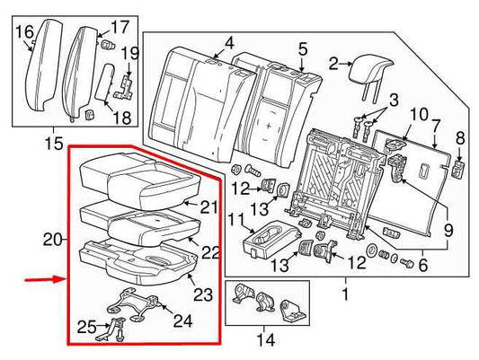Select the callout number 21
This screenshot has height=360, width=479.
point(208,207)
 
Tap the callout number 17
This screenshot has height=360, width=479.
point(120,26)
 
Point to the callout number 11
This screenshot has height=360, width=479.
point(234,220)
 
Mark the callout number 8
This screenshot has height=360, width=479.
point(461,137)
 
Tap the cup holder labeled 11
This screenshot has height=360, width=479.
point(268,241)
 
